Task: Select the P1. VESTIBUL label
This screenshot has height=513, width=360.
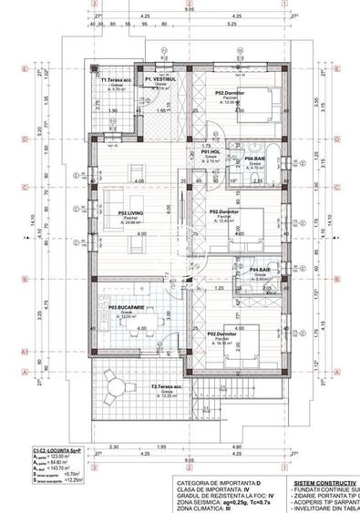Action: click(152, 80)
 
